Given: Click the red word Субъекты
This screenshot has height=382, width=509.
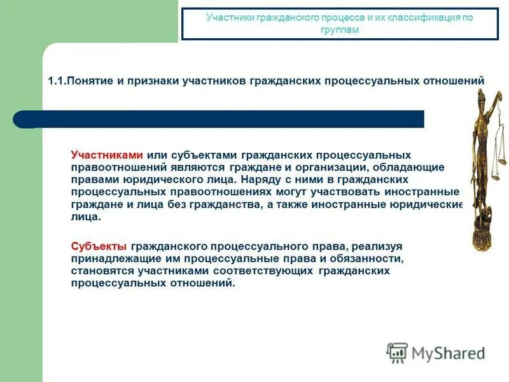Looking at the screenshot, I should (98, 246).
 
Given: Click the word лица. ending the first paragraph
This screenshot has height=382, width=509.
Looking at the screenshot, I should (86, 216).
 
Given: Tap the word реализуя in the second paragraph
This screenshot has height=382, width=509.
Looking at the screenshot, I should (378, 246).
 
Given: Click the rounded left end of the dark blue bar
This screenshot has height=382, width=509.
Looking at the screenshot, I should (23, 119).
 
